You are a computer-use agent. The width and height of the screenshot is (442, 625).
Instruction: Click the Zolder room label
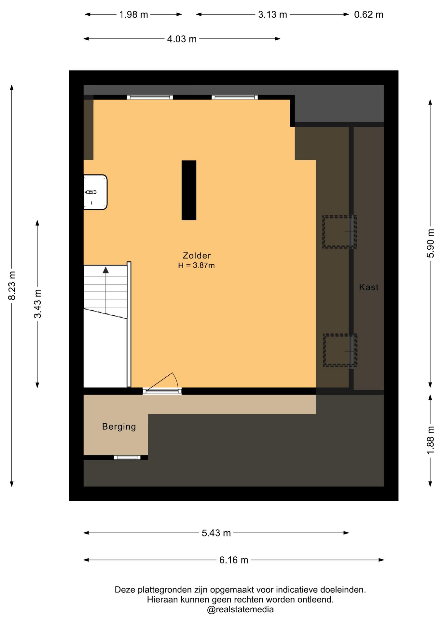(197, 256)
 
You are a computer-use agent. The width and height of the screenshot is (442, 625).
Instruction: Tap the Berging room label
(119, 427)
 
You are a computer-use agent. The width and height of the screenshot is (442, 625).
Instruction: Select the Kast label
(369, 287)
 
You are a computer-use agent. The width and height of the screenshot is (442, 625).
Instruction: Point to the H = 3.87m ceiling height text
(196, 265)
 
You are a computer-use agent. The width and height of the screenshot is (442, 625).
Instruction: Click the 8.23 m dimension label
(12, 285)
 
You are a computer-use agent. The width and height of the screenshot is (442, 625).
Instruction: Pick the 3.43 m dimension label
(38, 304)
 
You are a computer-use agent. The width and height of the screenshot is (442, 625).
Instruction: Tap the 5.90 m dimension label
(431, 243)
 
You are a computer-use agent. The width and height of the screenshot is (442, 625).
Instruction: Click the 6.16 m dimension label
(234, 560)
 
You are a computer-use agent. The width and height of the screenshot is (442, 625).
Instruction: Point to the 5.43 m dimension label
(216, 533)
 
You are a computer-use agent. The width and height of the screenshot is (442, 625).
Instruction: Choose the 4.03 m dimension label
(182, 39)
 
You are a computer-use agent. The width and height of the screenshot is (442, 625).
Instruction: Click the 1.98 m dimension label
(133, 15)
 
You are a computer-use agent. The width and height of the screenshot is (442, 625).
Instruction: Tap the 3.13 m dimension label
(272, 15)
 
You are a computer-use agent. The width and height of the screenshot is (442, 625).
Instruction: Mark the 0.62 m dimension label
(369, 15)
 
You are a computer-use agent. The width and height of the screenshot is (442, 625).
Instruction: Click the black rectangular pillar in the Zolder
(189, 190)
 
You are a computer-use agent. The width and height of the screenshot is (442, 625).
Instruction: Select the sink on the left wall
(95, 192)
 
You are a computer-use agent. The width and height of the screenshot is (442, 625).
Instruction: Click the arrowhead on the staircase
(106, 270)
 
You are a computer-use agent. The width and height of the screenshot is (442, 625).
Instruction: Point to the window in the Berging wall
(127, 457)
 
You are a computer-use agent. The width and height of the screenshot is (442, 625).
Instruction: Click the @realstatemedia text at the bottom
(240, 609)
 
